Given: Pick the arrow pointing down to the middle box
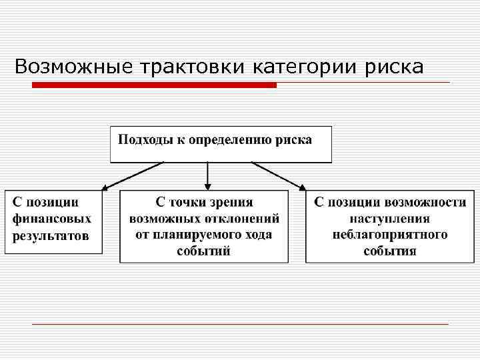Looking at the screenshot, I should [207, 176].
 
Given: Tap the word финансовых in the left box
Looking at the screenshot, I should [52, 218].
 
